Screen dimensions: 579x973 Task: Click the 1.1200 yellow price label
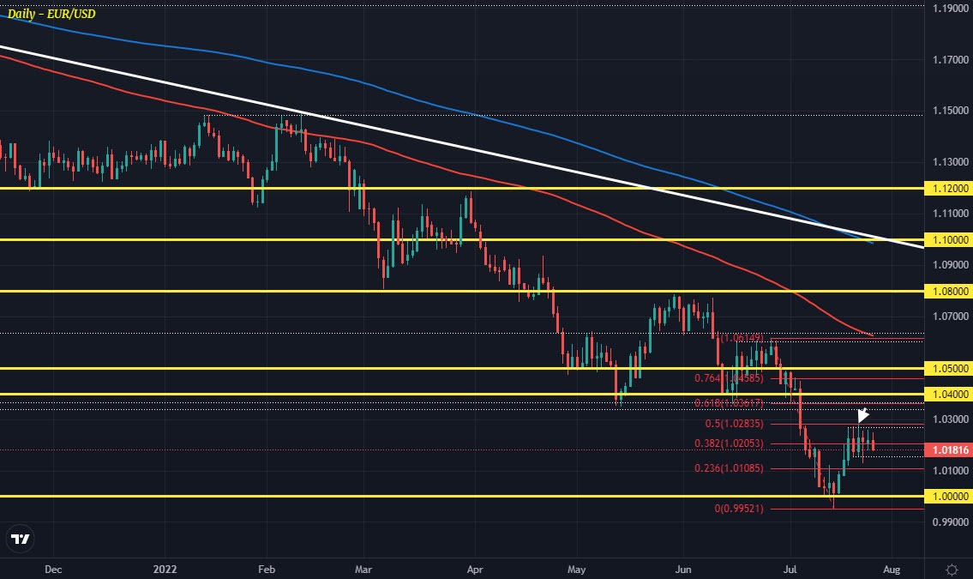(949, 188)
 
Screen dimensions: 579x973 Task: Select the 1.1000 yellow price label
(949, 239)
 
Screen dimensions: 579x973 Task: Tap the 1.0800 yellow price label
(949, 291)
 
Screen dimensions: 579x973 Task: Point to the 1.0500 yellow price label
(949, 368)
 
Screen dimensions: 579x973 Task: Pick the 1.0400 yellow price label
(949, 394)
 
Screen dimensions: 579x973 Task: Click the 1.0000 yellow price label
(949, 497)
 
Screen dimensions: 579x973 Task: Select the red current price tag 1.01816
(949, 449)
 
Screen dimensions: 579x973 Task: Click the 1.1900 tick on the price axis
(949, 9)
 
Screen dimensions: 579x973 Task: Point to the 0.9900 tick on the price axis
(949, 522)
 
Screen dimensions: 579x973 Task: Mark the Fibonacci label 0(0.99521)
(743, 509)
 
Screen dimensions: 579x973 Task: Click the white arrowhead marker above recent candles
(863, 416)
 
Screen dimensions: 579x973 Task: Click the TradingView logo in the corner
(21, 540)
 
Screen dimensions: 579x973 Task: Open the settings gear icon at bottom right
(952, 570)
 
